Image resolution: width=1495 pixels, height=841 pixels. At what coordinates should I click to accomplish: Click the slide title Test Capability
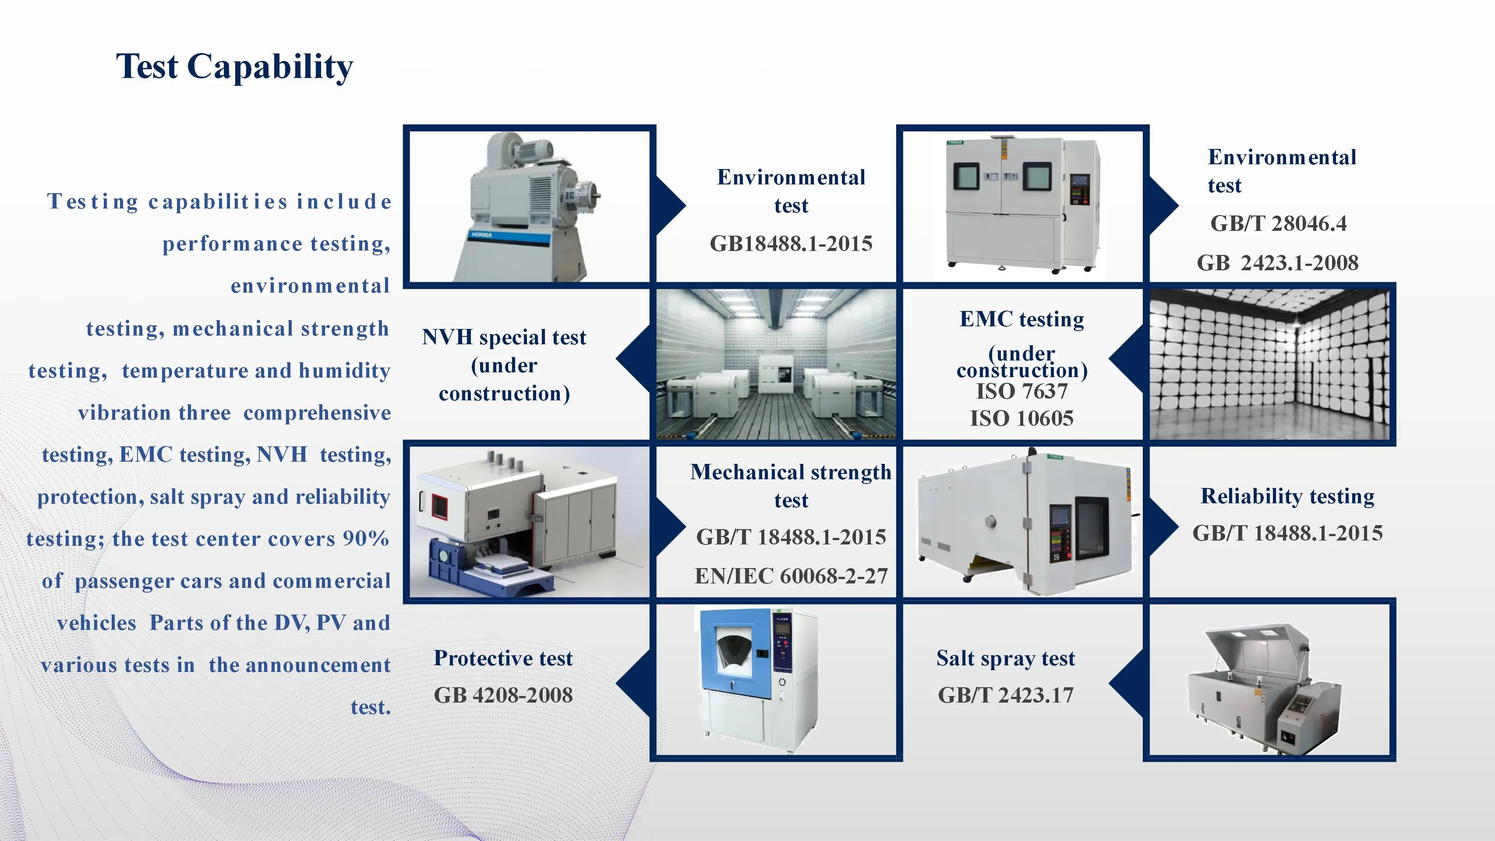[234, 67]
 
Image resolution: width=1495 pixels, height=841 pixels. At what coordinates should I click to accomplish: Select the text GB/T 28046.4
[1279, 223]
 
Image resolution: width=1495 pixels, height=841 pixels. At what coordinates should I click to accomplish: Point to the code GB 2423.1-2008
[1277, 263]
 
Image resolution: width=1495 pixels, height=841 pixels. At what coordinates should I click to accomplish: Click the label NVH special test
[504, 337]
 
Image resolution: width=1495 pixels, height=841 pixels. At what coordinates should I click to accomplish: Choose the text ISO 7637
[1021, 391]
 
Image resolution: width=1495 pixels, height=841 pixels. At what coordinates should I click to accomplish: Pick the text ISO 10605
[1021, 418]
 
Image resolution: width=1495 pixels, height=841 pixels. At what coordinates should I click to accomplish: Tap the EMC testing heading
[1021, 319]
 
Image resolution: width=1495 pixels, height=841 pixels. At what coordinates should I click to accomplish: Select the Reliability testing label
[1287, 496]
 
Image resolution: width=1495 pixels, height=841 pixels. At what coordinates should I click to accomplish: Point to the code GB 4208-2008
[503, 695]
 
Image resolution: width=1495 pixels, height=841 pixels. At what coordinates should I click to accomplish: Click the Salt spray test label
[1005, 659]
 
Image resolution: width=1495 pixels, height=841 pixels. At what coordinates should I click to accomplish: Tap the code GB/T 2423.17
[1005, 695]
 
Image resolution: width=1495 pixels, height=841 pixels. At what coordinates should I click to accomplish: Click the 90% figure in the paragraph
[366, 539]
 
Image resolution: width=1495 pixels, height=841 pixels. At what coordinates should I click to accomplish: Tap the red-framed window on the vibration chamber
[439, 507]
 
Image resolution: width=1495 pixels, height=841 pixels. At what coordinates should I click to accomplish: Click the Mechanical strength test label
[791, 486]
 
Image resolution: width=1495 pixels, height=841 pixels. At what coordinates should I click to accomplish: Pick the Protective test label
[503, 658]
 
